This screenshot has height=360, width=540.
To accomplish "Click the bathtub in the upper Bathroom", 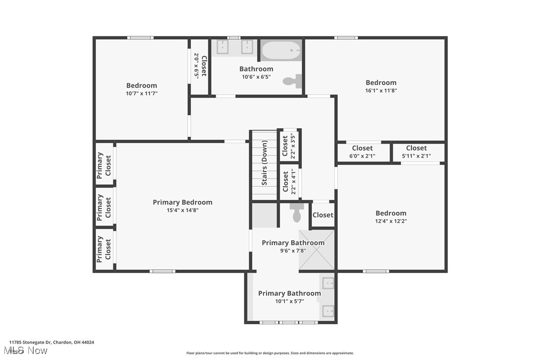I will (x=281, y=50).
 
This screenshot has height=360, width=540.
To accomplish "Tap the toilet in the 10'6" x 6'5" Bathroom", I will (x=293, y=81).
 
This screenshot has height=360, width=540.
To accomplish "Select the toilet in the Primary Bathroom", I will (x=297, y=213).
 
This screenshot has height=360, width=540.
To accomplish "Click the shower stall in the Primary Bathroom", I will (x=316, y=250).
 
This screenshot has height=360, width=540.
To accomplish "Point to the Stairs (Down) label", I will (x=265, y=163).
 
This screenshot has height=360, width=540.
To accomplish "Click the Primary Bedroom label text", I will (x=182, y=202).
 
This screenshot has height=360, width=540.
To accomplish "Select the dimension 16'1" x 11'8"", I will (x=381, y=90).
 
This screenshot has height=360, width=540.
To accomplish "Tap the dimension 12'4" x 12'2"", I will (x=391, y=221).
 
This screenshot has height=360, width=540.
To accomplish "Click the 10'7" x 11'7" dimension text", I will (x=141, y=93).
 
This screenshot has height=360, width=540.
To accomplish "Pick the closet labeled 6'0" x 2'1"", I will (x=362, y=152).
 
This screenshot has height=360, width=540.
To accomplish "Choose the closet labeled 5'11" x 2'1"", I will (x=416, y=152).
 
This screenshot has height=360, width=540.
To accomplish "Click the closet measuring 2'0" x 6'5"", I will (x=200, y=66).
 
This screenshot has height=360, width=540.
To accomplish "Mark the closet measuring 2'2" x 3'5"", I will (x=288, y=145).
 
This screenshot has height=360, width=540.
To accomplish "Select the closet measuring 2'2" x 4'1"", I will (x=289, y=181).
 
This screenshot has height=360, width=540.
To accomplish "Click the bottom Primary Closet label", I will (x=104, y=249).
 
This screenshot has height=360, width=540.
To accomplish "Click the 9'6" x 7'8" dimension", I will (x=293, y=251).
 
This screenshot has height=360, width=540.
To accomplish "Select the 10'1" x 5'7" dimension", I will (x=289, y=301).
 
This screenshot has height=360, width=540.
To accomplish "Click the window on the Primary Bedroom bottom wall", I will (x=163, y=271).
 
